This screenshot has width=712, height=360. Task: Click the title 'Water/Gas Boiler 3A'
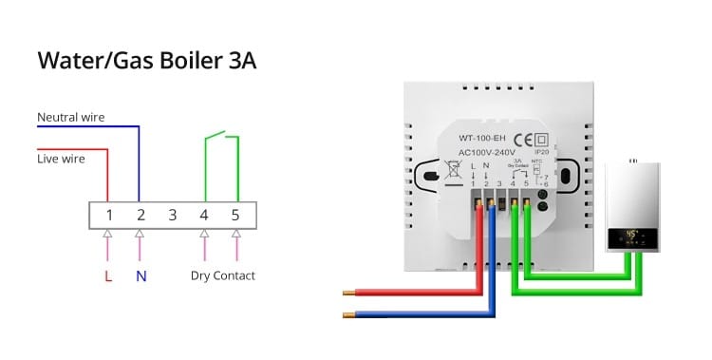click(147, 62)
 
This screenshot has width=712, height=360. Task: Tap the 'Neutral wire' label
click(70, 118)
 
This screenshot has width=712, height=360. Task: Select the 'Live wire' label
click(61, 159)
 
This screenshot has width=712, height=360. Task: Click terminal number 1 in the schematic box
click(108, 215)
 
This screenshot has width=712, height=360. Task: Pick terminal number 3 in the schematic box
click(172, 215)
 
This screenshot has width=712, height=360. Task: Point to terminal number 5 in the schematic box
click(235, 215)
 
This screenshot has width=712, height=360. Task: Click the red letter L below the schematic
click(108, 276)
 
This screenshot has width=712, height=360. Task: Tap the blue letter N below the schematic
click(140, 276)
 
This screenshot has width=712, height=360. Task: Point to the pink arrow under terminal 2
click(140, 245)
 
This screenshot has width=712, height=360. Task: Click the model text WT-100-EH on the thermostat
click(484, 136)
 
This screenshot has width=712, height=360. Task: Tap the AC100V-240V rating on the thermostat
click(488, 152)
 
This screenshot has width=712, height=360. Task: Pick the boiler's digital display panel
click(632, 237)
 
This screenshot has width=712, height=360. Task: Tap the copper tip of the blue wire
click(348, 313)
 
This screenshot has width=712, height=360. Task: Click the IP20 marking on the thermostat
click(542, 151)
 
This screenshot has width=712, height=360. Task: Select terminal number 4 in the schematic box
click(204, 215)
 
